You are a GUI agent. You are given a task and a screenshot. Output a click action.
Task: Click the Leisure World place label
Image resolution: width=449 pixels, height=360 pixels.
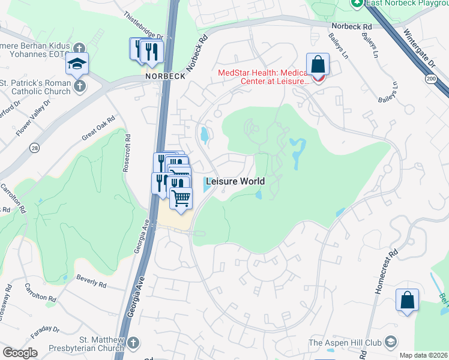[235, 181]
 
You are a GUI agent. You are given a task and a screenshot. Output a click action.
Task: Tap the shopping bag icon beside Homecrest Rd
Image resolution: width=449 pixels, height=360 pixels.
[407, 300]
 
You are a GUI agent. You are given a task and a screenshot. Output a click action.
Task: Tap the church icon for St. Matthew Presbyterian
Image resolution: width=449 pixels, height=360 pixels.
[133, 342]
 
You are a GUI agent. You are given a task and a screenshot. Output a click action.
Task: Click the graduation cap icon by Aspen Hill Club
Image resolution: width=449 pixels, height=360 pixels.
[391, 343]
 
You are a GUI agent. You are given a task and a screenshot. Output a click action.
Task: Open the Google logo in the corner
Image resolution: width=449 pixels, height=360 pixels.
[20, 353]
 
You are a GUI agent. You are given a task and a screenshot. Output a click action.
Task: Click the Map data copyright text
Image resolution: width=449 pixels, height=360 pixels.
[424, 355]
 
